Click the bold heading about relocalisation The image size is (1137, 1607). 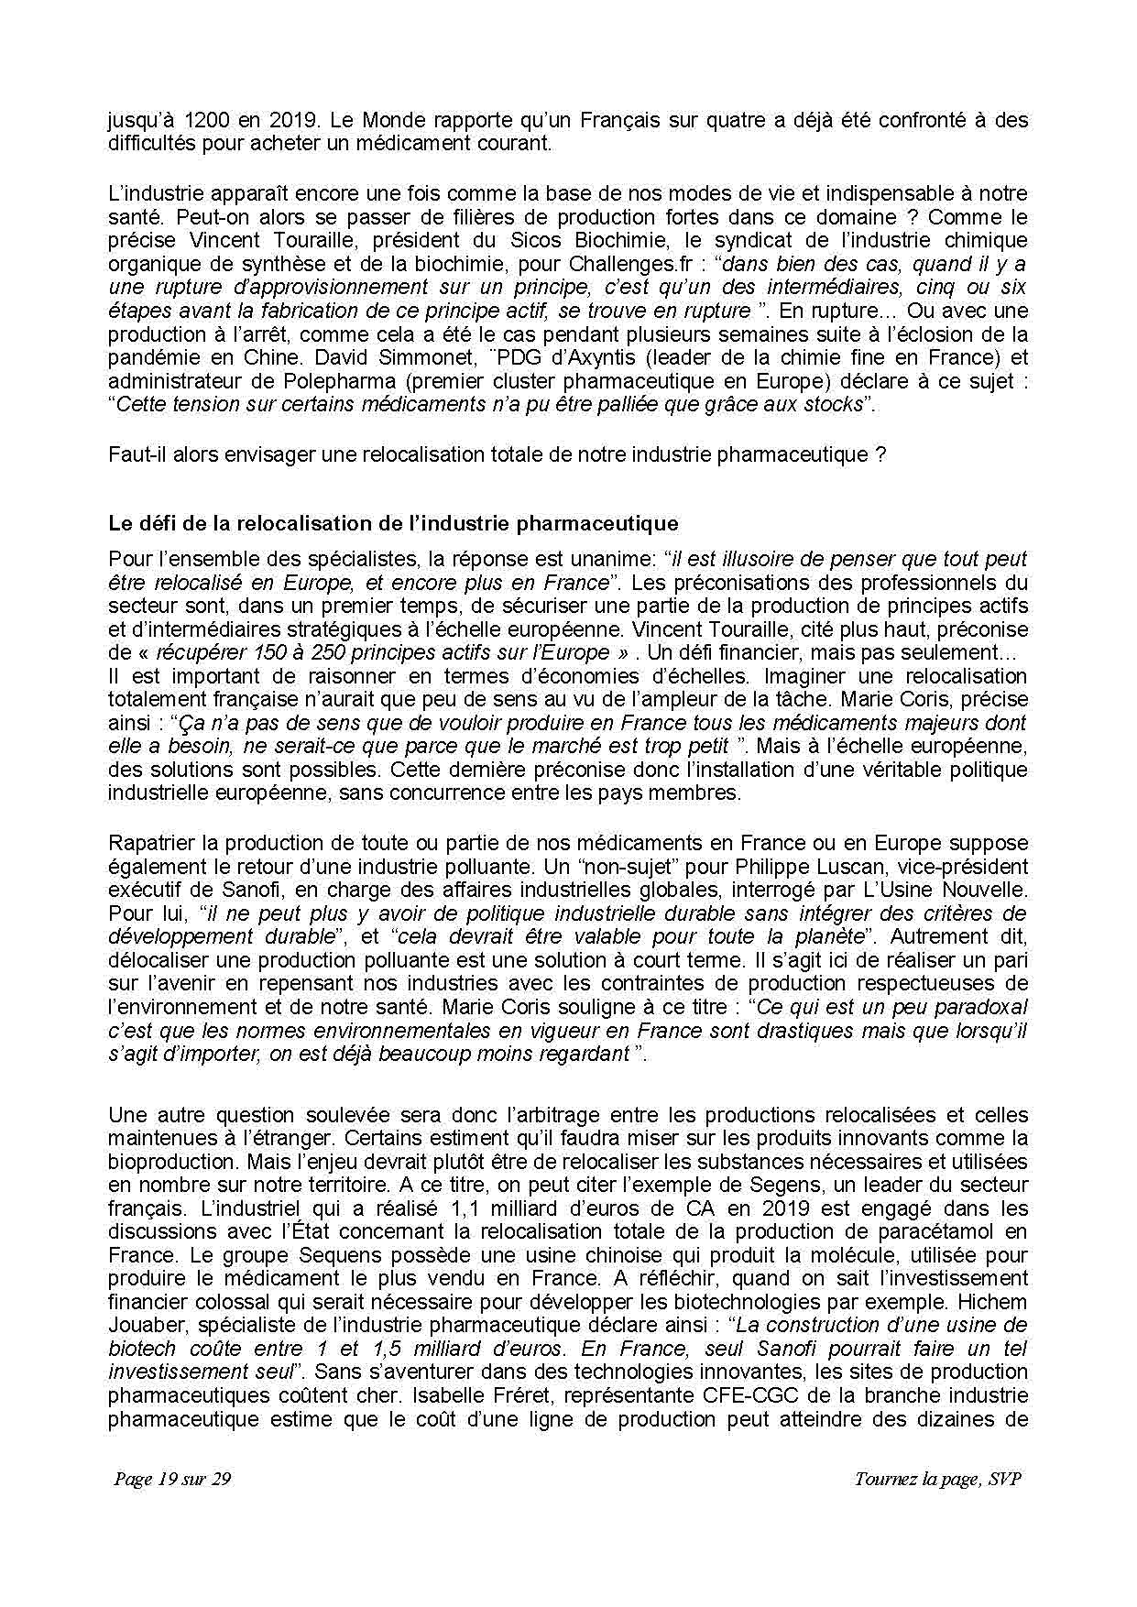pyautogui.click(x=393, y=524)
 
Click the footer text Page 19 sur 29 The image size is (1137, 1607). pyautogui.click(x=172, y=1480)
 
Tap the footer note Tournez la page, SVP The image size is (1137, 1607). pyautogui.click(x=937, y=1480)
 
